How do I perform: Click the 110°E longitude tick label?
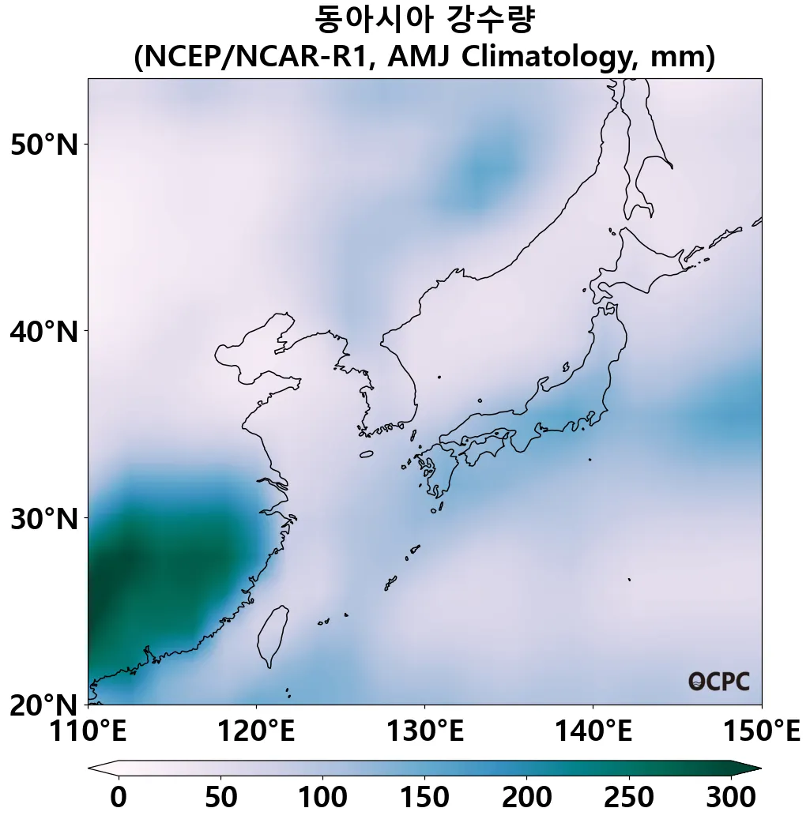(88, 731)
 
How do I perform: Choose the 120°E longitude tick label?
(256, 731)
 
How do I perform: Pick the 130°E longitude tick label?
(424, 731)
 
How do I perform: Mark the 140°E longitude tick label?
(593, 731)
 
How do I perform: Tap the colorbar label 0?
(119, 797)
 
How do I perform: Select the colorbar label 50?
(220, 797)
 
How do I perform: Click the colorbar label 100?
(322, 797)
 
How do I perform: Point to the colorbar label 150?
(424, 797)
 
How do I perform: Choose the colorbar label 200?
(527, 797)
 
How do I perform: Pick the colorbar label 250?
(629, 797)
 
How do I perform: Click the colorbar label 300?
(731, 797)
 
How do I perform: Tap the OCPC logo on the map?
(718, 682)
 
